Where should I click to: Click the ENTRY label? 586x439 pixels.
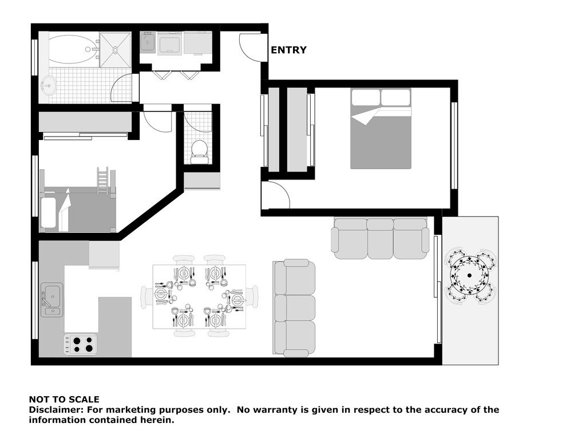[288, 50]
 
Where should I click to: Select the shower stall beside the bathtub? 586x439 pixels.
[116, 50]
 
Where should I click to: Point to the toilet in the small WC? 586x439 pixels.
[200, 151]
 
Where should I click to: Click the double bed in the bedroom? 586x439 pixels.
[381, 129]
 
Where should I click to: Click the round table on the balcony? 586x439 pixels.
[469, 276]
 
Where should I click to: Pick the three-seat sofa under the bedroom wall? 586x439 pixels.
[380, 238]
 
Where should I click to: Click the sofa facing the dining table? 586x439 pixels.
[294, 308]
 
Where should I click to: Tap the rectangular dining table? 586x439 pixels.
[199, 297]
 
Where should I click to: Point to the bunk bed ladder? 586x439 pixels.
[103, 181]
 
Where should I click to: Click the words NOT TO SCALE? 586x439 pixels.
[64, 400]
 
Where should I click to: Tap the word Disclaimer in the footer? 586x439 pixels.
[57, 409]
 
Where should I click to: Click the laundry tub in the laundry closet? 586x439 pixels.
[148, 42]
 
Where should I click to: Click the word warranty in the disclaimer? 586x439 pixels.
[274, 410]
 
